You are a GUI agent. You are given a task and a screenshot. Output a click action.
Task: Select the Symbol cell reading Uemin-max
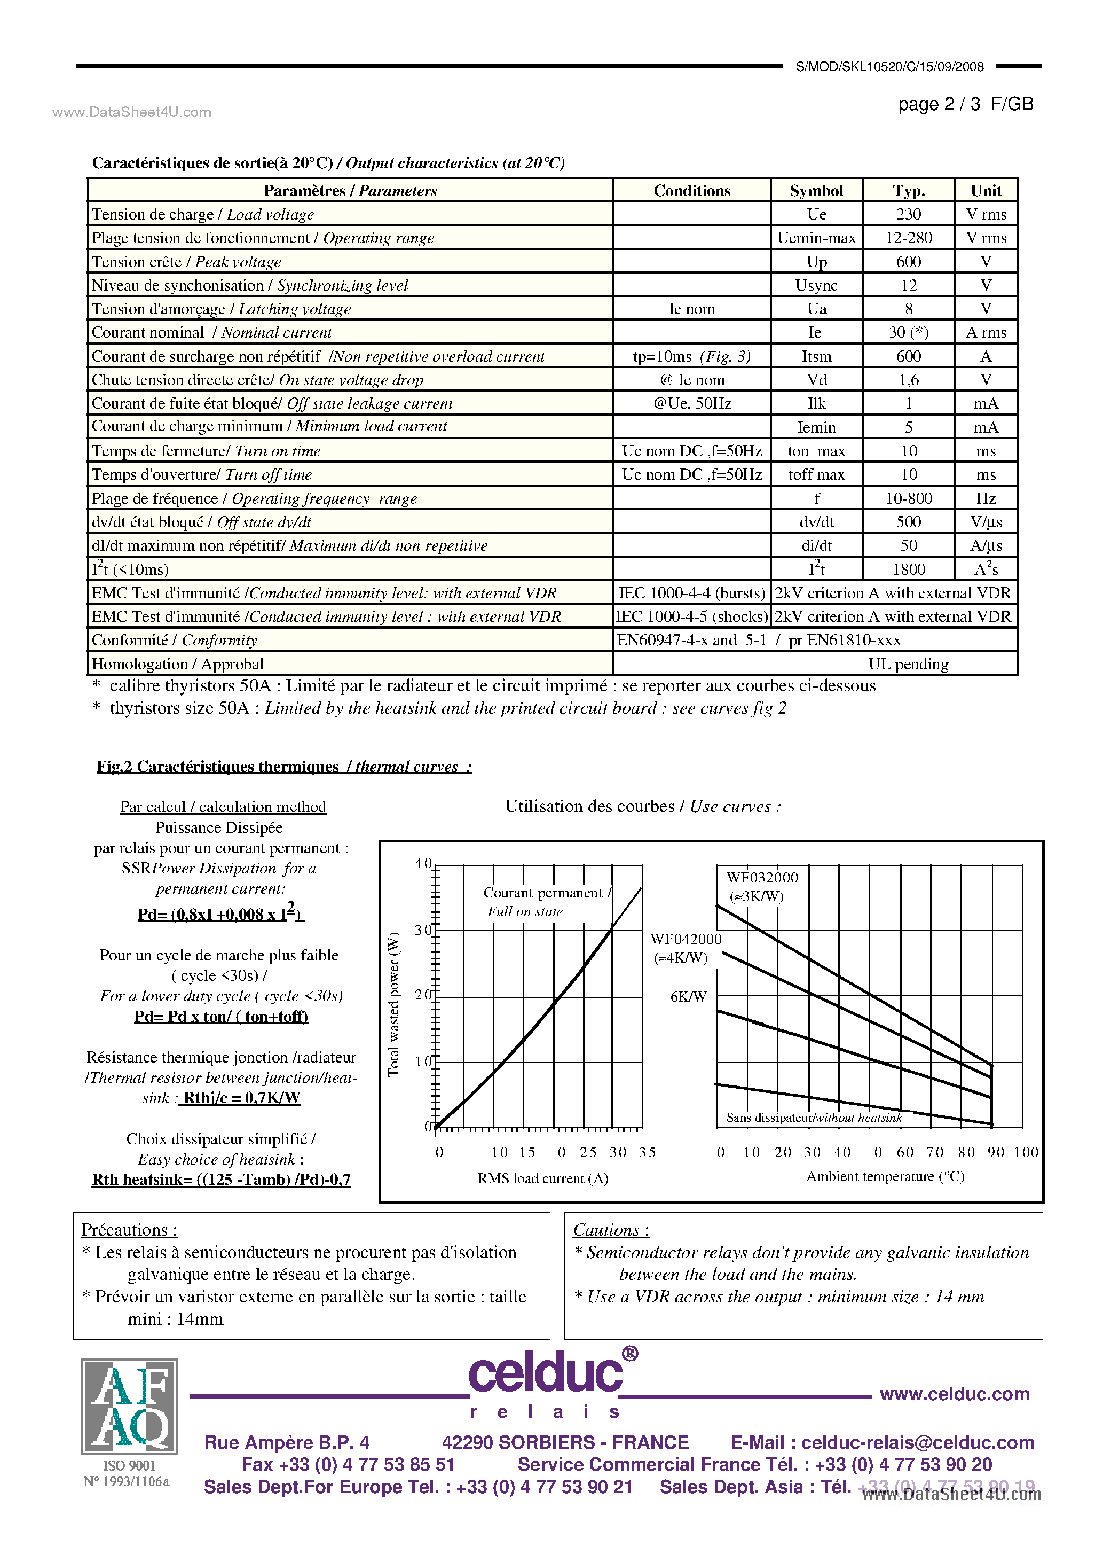coord(816,238)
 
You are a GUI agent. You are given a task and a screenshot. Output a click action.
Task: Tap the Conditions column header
coord(691,191)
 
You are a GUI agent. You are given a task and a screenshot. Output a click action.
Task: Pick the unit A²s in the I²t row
coord(986,569)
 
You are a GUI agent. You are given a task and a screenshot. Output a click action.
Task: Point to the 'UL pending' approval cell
coord(908,664)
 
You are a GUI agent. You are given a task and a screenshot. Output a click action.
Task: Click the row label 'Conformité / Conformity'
coord(174,640)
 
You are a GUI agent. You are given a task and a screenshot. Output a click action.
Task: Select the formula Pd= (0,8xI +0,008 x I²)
coord(220,913)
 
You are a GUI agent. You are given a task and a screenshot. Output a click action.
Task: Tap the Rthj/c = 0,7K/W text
coord(241,1097)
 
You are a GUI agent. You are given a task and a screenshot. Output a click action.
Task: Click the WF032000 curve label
coord(762,878)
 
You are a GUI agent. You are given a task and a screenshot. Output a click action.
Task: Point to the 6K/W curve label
coord(688,997)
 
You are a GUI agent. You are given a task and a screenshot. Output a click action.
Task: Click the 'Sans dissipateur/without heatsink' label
coord(813,1117)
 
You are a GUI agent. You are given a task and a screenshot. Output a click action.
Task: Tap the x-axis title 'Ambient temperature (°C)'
coord(885,1176)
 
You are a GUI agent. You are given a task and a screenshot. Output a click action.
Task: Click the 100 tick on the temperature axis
coord(1025,1152)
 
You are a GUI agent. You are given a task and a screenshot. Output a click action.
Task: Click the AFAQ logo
coord(129,1405)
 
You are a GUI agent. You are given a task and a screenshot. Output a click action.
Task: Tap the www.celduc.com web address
coord(954,1394)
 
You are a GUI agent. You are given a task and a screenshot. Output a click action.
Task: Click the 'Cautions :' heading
coord(611,1230)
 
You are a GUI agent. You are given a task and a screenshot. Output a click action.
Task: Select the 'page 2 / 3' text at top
coord(939,104)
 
